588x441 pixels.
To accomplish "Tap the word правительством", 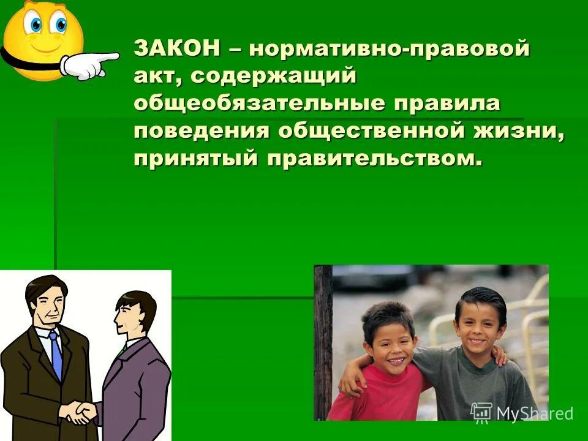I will click(x=371, y=157).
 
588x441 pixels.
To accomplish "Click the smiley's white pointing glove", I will click(x=91, y=65).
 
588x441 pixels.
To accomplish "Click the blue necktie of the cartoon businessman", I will click(x=56, y=355).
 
